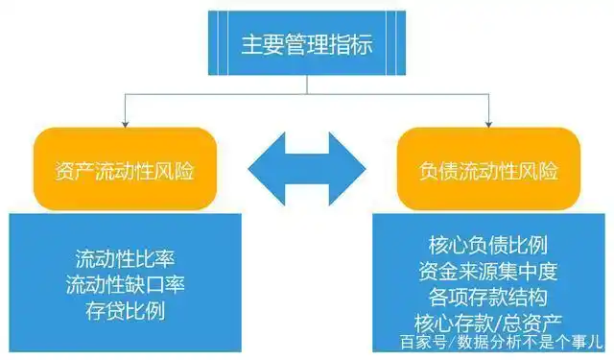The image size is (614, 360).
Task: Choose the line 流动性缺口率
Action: pyautogui.click(x=124, y=285)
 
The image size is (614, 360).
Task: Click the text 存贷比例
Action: pyautogui.click(x=124, y=311)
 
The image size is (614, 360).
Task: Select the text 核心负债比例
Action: pyautogui.click(x=488, y=243)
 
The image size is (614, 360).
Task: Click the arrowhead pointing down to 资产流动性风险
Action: pyautogui.click(x=124, y=123)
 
